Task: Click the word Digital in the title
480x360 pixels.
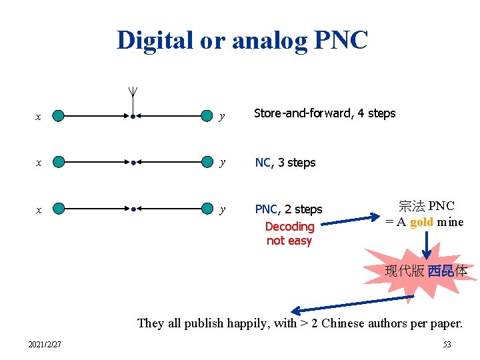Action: [x=153, y=40]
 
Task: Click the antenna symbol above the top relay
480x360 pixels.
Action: [x=133, y=93]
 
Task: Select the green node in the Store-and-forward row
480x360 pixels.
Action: [x=59, y=116]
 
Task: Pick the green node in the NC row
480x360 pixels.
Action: [x=59, y=162]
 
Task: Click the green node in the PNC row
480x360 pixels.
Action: [x=59, y=209]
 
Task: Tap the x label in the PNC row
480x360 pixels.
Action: [x=38, y=209]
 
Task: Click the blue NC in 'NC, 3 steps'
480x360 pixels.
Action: [x=263, y=162]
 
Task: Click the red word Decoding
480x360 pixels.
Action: [x=289, y=227]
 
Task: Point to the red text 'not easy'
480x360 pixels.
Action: [x=289, y=241]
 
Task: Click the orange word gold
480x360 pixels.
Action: [x=421, y=222]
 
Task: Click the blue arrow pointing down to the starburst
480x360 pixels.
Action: [x=427, y=245]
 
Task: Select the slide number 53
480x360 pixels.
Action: [x=447, y=345]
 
